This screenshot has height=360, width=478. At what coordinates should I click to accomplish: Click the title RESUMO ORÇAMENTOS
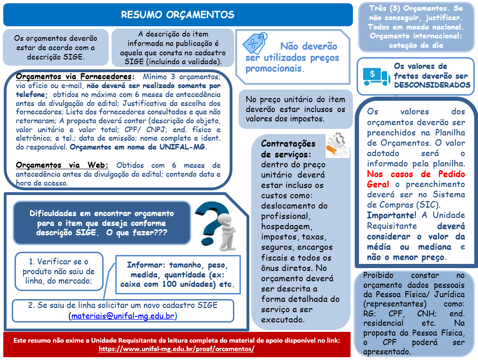click(178, 15)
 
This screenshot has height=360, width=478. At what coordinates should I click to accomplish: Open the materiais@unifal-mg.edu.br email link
click(124, 316)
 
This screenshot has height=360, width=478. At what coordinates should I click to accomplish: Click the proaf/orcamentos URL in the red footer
click(177, 349)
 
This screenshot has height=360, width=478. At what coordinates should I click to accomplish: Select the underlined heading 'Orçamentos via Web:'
click(62, 165)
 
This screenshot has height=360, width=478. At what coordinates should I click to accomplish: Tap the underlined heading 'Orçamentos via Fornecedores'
click(74, 76)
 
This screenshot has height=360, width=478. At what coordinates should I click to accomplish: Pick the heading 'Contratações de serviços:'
click(288, 149)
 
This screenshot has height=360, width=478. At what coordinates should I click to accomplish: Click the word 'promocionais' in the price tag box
click(274, 68)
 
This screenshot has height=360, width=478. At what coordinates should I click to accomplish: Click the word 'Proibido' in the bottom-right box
click(378, 275)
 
